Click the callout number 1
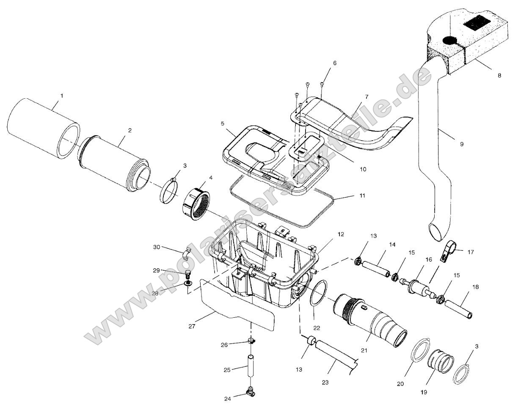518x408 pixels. (61, 96)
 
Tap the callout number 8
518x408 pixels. (499, 75)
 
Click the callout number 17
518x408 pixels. (470, 252)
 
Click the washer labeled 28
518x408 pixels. (187, 282)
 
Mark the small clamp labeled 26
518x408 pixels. (251, 341)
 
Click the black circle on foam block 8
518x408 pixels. (449, 41)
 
